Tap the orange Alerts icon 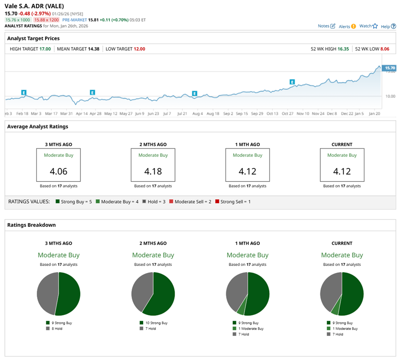(353, 27)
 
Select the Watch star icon (375, 26)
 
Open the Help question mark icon (393, 27)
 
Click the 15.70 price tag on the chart (390, 68)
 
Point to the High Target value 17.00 (46, 49)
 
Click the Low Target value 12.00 (139, 49)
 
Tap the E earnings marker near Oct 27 (292, 82)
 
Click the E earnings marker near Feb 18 (24, 92)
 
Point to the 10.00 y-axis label (390, 96)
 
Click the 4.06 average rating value (58, 171)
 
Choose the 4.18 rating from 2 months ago (153, 171)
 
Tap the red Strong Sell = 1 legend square (217, 201)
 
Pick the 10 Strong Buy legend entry (155, 323)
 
